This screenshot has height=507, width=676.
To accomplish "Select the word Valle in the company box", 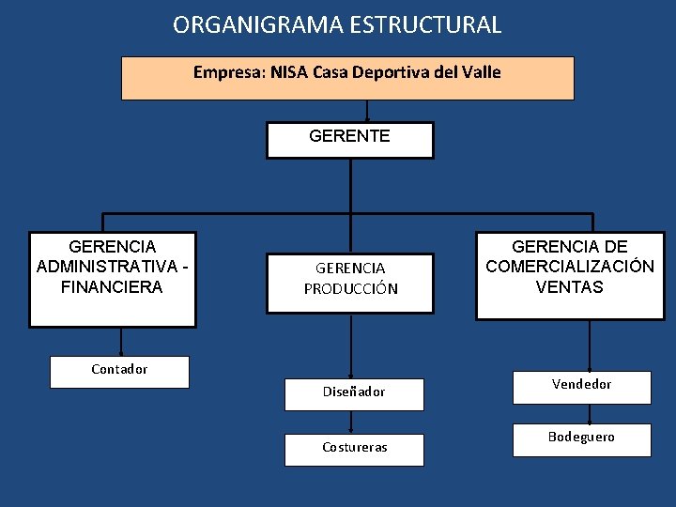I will tap(482, 72).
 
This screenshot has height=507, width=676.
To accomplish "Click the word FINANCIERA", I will tap(112, 286).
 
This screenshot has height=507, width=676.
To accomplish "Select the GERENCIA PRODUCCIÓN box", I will tap(350, 279).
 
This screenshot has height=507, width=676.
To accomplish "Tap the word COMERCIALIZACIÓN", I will tap(570, 266).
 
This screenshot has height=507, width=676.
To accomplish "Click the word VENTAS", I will tap(570, 286).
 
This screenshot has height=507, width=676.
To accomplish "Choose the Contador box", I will tap(119, 371).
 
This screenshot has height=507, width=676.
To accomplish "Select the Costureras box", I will tap(354, 449).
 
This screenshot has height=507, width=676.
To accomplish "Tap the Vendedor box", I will tap(581, 386).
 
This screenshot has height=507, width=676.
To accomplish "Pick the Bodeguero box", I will tap(581, 438).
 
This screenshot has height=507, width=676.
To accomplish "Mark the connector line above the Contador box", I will tap(120, 342).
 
